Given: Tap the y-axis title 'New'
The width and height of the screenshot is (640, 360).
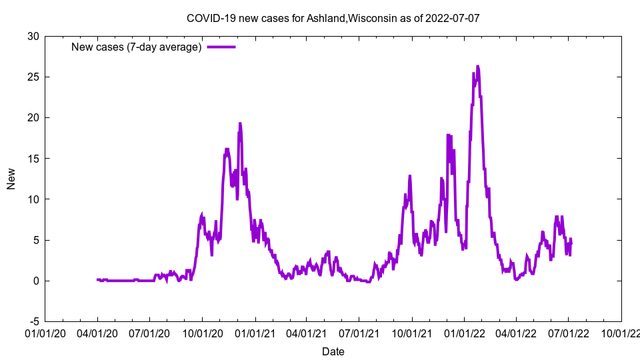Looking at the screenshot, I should pyautogui.click(x=11, y=179).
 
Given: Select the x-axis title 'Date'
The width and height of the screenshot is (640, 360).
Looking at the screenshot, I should pyautogui.click(x=333, y=351).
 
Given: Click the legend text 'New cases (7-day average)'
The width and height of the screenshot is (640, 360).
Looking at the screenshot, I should pyautogui.click(x=137, y=47).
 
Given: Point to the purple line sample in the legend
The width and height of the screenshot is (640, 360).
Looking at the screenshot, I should pyautogui.click(x=221, y=47).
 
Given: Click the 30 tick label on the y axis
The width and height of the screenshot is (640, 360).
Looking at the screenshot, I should pyautogui.click(x=33, y=36).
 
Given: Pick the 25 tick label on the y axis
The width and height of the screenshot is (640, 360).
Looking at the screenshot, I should pyautogui.click(x=33, y=77).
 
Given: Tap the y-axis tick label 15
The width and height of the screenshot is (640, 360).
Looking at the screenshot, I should pyautogui.click(x=33, y=158).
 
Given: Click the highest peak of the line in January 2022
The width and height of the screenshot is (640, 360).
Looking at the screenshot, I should pyautogui.click(x=477, y=66).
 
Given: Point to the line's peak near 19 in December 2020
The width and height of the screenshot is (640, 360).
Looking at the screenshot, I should pyautogui.click(x=239, y=123).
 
